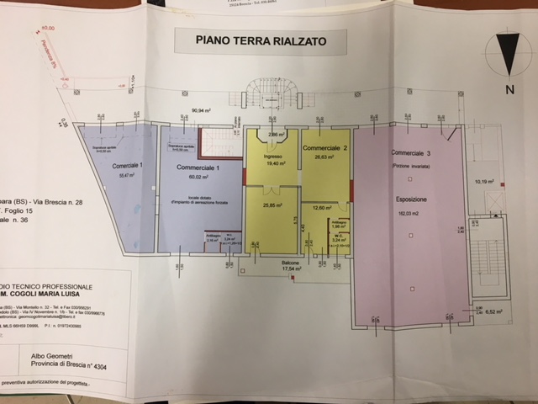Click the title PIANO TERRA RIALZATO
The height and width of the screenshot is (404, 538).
261,40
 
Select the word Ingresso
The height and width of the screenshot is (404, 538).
271,156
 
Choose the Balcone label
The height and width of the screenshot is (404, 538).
291,263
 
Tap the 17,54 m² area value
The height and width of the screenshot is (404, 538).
291,270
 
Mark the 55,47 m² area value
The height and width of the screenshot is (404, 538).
129,176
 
